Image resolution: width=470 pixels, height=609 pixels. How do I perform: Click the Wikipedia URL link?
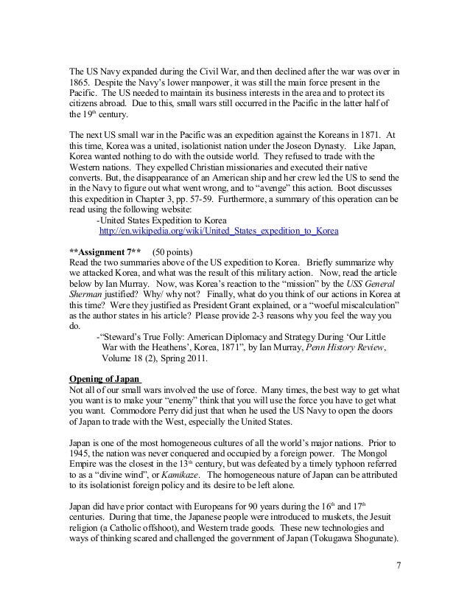[x=218, y=231]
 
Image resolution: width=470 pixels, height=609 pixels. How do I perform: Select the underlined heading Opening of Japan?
[x=100, y=380]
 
